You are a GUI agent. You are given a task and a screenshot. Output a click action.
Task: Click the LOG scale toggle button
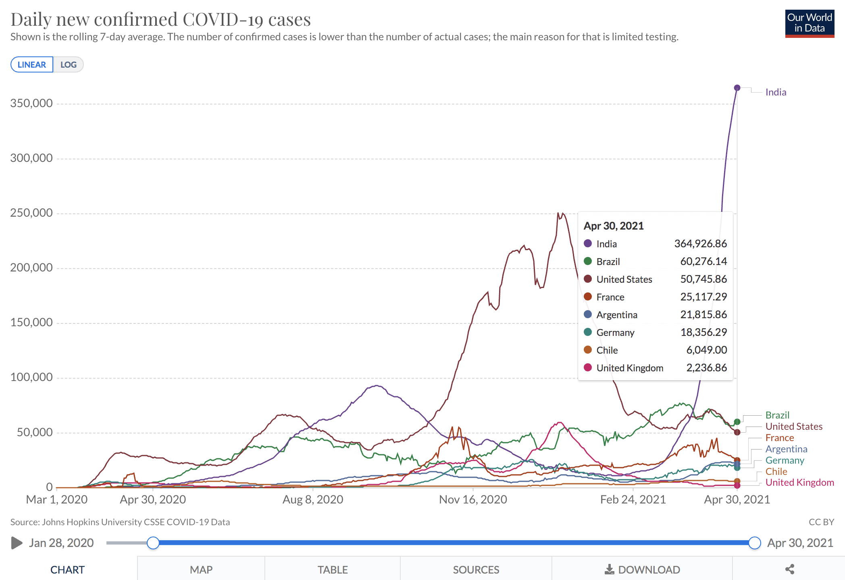[x=68, y=65]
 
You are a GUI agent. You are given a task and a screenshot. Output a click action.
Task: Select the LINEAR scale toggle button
[x=32, y=65]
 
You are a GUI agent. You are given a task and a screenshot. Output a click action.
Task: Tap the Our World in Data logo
[x=810, y=23]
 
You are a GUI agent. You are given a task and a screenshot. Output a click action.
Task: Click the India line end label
[x=776, y=92]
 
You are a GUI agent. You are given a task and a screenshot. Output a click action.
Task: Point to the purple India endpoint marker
[x=737, y=88]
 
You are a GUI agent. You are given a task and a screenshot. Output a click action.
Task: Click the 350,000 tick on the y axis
[x=31, y=104]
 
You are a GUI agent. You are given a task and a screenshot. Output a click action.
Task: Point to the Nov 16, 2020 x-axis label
[x=473, y=499]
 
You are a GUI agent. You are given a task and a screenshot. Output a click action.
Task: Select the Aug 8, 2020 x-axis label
[x=313, y=499]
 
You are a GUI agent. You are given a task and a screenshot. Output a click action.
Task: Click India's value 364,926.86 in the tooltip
[x=701, y=244]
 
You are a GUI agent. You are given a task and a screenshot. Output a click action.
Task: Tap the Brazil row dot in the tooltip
[x=588, y=261]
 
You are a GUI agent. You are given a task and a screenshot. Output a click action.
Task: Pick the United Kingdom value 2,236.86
[x=707, y=368]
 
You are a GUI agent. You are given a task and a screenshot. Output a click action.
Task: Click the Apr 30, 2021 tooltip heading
[x=614, y=226]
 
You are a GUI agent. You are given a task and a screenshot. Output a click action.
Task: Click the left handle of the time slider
[x=153, y=543]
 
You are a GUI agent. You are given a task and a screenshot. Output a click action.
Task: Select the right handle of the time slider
[x=755, y=543]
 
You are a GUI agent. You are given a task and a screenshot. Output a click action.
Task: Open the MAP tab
[x=201, y=570]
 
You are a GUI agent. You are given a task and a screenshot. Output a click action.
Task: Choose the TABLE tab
[x=333, y=570]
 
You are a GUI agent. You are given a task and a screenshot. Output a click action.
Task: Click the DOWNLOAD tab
[x=642, y=570]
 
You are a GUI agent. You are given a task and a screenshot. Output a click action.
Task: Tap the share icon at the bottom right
[x=790, y=569]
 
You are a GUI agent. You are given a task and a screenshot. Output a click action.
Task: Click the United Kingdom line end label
[x=799, y=483]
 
